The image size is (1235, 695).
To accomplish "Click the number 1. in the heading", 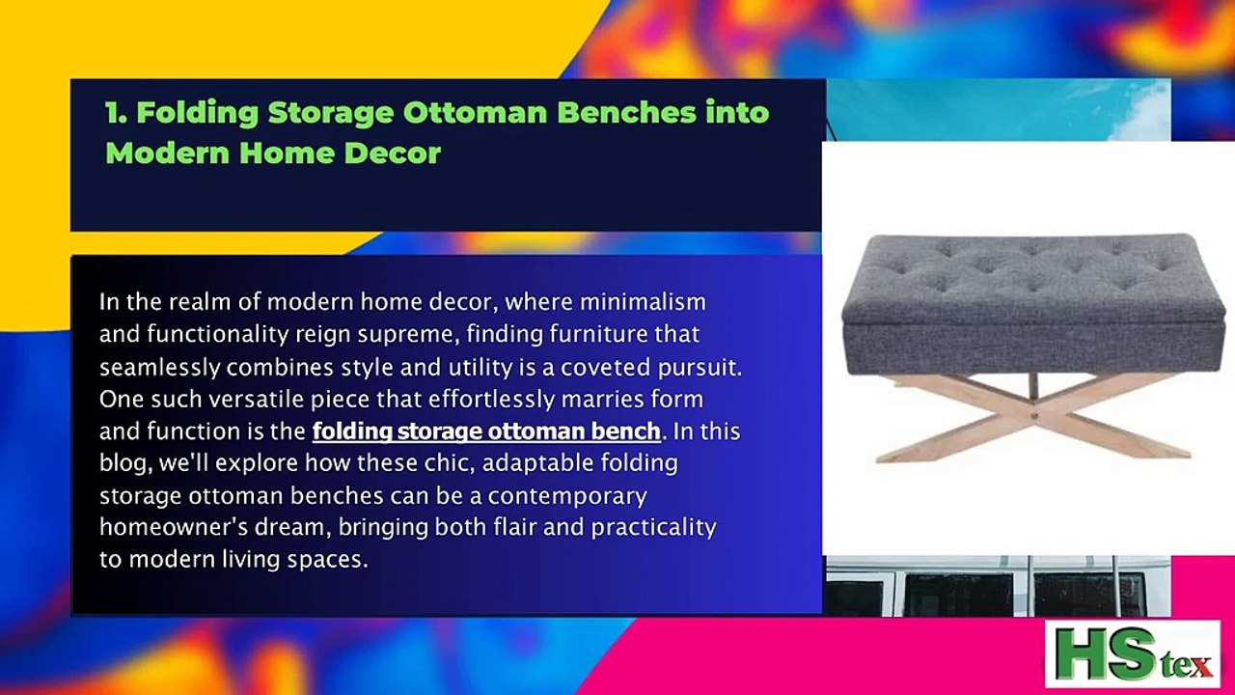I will pos(117,113).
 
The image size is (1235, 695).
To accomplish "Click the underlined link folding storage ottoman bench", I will pos(486,431).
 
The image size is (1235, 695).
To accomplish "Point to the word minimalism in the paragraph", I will pos(642,301).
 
